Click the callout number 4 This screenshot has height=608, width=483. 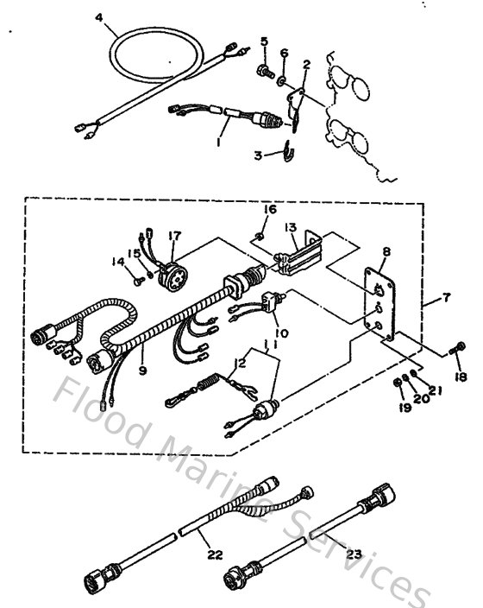click(98, 17)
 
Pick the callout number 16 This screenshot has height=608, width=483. click(270, 209)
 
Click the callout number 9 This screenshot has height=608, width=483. click(143, 371)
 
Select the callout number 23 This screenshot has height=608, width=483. click(353, 554)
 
